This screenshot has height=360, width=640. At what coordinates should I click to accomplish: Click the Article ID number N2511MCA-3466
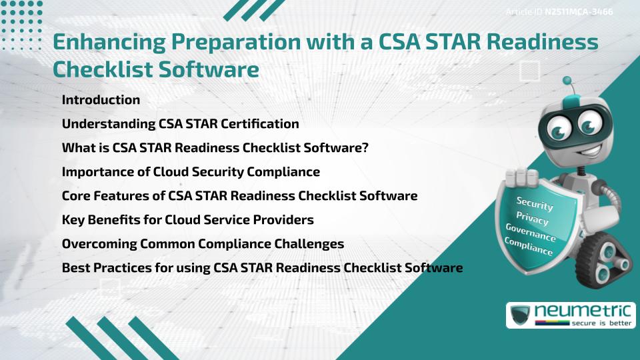pos(579,12)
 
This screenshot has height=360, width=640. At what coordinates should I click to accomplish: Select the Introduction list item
pos(101,100)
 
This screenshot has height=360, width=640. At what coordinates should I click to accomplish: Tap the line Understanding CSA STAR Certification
pos(180,124)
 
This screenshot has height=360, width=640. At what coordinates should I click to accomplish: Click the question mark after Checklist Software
pos(365,148)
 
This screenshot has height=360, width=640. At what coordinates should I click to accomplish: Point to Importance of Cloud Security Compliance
pos(191,172)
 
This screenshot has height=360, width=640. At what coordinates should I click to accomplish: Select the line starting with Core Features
pos(239,196)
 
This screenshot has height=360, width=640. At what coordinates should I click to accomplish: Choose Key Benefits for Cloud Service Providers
pos(187,220)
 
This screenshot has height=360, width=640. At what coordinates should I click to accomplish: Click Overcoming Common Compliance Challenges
pos(203,244)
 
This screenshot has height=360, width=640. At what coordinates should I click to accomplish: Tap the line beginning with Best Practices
pos(262,268)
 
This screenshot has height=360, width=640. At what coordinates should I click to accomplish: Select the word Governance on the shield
pos(530,233)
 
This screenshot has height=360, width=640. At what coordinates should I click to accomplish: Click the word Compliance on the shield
pos(528,247)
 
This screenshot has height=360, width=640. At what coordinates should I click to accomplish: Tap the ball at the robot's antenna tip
pos(567,81)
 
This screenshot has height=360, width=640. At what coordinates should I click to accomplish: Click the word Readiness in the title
pos(536,42)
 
